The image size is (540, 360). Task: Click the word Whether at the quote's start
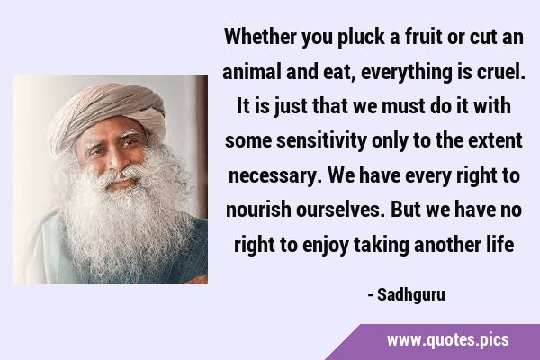pos(260,37)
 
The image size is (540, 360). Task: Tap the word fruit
pos(423,37)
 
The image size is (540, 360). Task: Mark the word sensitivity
pos(321,141)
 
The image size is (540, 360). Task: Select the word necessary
pos(275,176)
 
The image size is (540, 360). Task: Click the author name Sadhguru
pos(411,295)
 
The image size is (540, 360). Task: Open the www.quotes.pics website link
pos(447,340)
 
